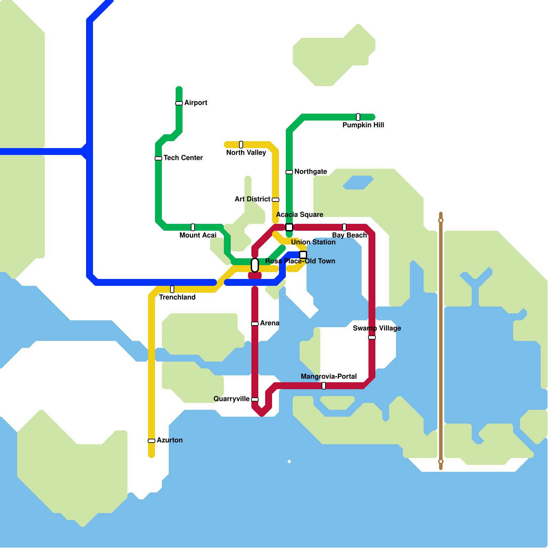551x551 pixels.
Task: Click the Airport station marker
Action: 179,103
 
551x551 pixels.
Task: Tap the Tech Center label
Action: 183,158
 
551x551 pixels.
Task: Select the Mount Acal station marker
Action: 193,227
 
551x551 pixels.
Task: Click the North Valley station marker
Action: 241,145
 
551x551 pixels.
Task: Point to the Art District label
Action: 252,199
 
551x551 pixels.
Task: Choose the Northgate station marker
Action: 289,172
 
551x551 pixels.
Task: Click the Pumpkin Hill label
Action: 363,125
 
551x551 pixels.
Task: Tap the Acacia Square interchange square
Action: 289,227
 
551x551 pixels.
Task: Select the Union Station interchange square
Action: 303,255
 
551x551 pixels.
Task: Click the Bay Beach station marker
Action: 344,227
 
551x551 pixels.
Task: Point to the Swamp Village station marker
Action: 372,337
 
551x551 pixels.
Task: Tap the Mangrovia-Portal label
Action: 329,376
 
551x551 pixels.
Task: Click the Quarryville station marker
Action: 255,399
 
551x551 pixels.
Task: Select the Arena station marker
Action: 255,324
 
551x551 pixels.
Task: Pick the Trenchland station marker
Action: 172,289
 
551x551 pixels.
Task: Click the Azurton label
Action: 169,440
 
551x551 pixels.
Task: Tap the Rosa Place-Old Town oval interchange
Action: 255,265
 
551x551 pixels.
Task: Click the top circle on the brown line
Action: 441,220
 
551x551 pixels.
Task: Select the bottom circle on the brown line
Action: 441,461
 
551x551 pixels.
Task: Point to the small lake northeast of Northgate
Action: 358,183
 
